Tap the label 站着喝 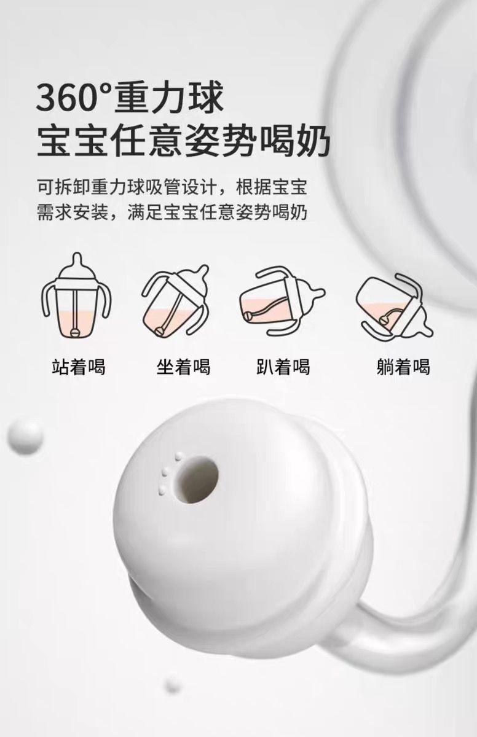(x=79, y=366)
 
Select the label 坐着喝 (x=183, y=366)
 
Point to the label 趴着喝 (x=283, y=366)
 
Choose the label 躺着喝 (x=404, y=366)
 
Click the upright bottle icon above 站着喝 (x=77, y=295)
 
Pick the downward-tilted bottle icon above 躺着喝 (x=394, y=305)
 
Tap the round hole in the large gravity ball (x=197, y=480)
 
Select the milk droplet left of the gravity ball (x=25, y=438)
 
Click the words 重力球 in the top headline (x=168, y=98)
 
